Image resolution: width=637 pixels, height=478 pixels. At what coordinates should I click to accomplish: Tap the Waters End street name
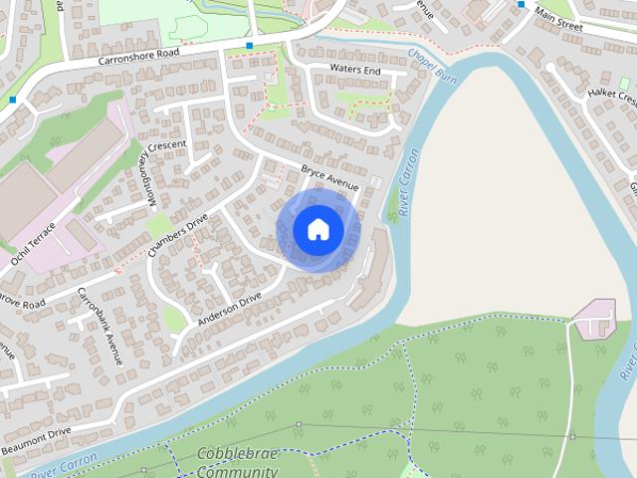355,71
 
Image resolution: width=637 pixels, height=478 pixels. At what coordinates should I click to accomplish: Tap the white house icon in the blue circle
318,230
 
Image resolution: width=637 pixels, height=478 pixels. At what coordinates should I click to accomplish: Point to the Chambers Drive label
177,230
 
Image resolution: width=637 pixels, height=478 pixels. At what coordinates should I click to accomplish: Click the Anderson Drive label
229,309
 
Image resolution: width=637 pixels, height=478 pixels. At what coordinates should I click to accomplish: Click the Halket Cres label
608,96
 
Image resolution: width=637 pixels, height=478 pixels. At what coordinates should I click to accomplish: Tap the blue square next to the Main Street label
522,5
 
